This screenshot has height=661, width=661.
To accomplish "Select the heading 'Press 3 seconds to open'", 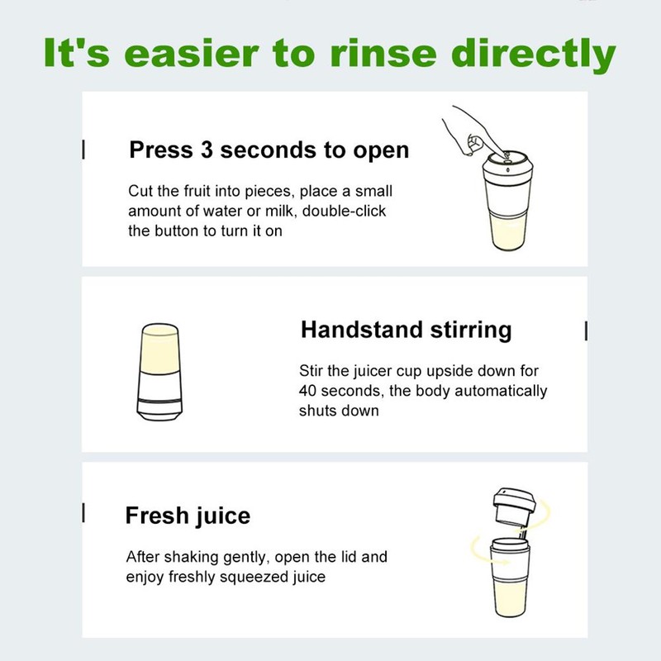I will [x=269, y=150].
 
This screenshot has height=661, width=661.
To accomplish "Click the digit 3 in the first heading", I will [x=207, y=150].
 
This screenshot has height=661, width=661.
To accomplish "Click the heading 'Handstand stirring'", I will [x=406, y=330].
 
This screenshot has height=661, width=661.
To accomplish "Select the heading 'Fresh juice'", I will [x=188, y=516].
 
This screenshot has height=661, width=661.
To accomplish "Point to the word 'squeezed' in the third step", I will [x=256, y=577].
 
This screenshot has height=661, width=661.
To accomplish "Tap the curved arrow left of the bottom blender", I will [x=478, y=544].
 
